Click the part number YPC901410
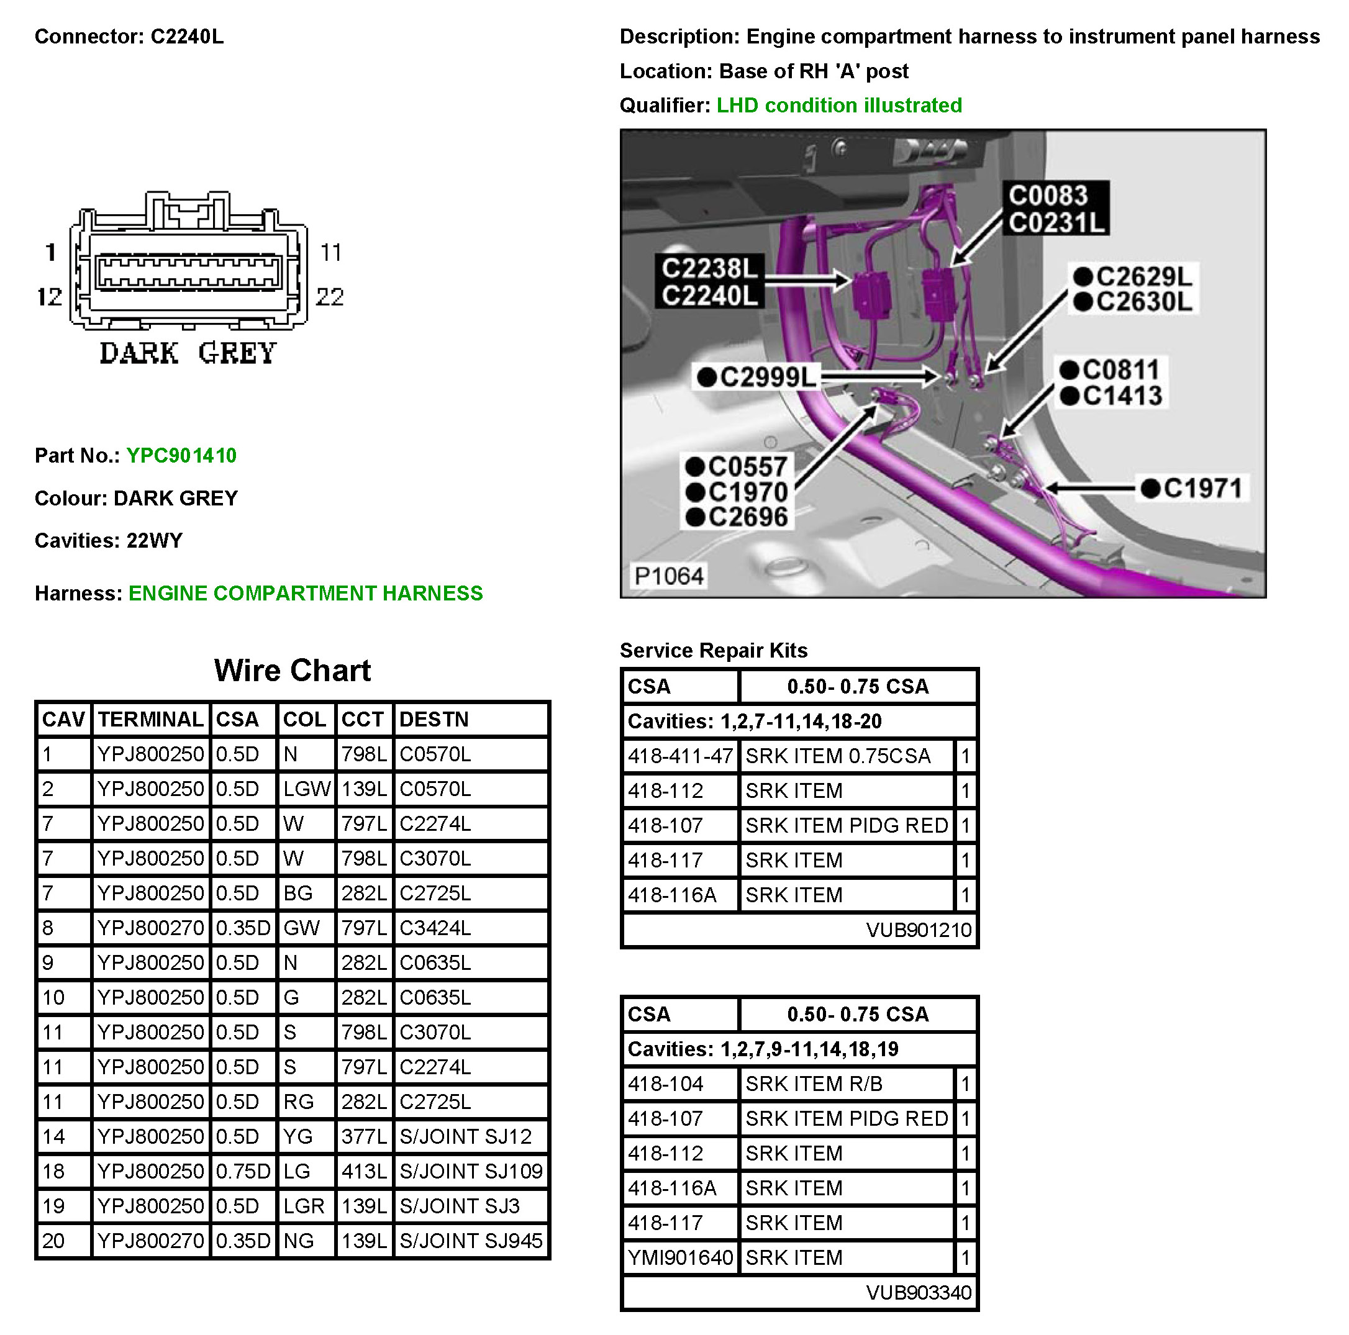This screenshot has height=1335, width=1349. pyautogui.click(x=181, y=456)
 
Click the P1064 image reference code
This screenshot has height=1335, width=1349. pyautogui.click(x=668, y=576)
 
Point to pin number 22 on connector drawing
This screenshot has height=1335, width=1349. pyautogui.click(x=330, y=297)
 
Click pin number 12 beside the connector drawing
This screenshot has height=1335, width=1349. pyautogui.click(x=49, y=297)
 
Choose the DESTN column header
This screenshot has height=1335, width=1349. pyautogui.click(x=434, y=719)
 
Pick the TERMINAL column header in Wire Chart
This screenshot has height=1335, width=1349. pyautogui.click(x=150, y=719)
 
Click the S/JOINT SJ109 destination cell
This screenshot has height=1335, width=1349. pyautogui.click(x=471, y=1171)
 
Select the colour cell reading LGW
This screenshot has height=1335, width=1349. pyautogui.click(x=306, y=789)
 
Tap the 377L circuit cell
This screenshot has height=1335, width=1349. pyautogui.click(x=364, y=1136)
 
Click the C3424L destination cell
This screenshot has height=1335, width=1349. pyautogui.click(x=435, y=928)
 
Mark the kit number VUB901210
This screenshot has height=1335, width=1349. pyautogui.click(x=918, y=930)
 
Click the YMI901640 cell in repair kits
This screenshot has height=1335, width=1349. pyautogui.click(x=680, y=1257)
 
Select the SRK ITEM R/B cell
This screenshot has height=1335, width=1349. pyautogui.click(x=814, y=1084)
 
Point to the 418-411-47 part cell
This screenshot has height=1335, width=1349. pyautogui.click(x=680, y=756)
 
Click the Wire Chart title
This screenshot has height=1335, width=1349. pyautogui.click(x=293, y=670)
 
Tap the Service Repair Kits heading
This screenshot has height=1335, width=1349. pyautogui.click(x=714, y=650)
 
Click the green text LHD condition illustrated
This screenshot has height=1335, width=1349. pyautogui.click(x=839, y=106)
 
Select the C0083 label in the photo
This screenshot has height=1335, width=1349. pyautogui.click(x=1047, y=196)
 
